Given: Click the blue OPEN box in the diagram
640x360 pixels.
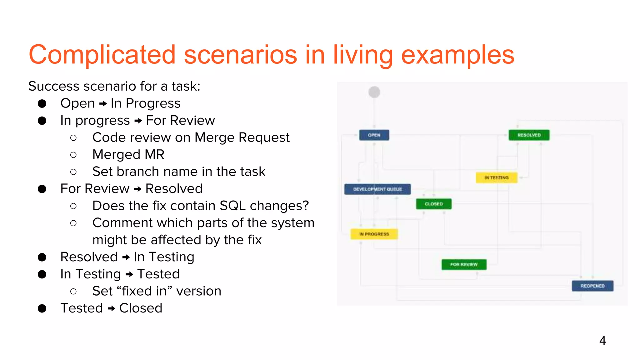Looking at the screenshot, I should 374,135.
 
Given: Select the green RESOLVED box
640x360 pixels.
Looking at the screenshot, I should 529,135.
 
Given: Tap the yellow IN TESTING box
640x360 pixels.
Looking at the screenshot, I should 496,177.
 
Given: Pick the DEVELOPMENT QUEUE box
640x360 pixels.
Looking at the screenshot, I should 377,189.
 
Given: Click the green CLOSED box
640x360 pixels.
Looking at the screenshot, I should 434,204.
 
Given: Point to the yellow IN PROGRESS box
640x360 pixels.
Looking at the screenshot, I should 374,234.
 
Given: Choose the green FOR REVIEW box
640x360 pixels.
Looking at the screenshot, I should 464,264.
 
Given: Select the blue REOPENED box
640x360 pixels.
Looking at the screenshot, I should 592,286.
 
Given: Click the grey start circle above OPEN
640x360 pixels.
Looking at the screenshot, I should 374,92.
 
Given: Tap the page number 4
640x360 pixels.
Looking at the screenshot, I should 602,340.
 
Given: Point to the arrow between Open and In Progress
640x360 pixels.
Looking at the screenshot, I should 103,104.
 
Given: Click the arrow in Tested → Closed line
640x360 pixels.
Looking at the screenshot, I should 111,309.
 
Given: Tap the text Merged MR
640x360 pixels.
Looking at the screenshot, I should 128,154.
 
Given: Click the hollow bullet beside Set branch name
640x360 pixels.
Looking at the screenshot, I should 73,172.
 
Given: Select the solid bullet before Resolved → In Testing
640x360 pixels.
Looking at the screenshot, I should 42,257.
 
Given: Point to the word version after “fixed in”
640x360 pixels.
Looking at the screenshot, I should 199,291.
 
